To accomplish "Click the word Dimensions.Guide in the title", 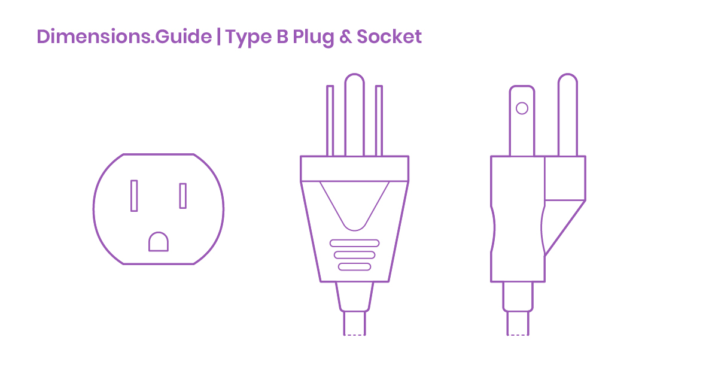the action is pyautogui.click(x=124, y=37).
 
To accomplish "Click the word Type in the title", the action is pyautogui.click(x=248, y=38).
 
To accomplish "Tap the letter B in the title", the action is pyautogui.click(x=282, y=37).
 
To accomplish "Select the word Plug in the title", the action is pyautogui.click(x=313, y=38).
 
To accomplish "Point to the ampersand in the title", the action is pyautogui.click(x=345, y=37).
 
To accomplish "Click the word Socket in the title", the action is pyautogui.click(x=389, y=37).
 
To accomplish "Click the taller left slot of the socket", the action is pyautogui.click(x=134, y=196).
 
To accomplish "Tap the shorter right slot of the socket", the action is pyautogui.click(x=182, y=196).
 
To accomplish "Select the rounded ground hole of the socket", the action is pyautogui.click(x=159, y=242).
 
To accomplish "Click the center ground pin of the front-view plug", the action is pyautogui.click(x=354, y=115).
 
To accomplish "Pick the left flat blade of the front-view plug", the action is pyautogui.click(x=330, y=120).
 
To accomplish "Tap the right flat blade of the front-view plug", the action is pyautogui.click(x=379, y=120).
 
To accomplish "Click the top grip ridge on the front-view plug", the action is pyautogui.click(x=354, y=243).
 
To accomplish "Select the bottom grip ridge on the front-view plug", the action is pyautogui.click(x=354, y=267).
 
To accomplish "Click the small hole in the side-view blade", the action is pyautogui.click(x=522, y=108).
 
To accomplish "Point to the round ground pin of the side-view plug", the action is pyautogui.click(x=568, y=115).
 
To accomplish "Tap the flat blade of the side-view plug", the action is pyautogui.click(x=522, y=120).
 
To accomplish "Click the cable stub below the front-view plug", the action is pyautogui.click(x=354, y=323).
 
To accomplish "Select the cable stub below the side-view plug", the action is pyautogui.click(x=518, y=323).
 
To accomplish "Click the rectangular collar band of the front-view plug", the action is pyautogui.click(x=354, y=169).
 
